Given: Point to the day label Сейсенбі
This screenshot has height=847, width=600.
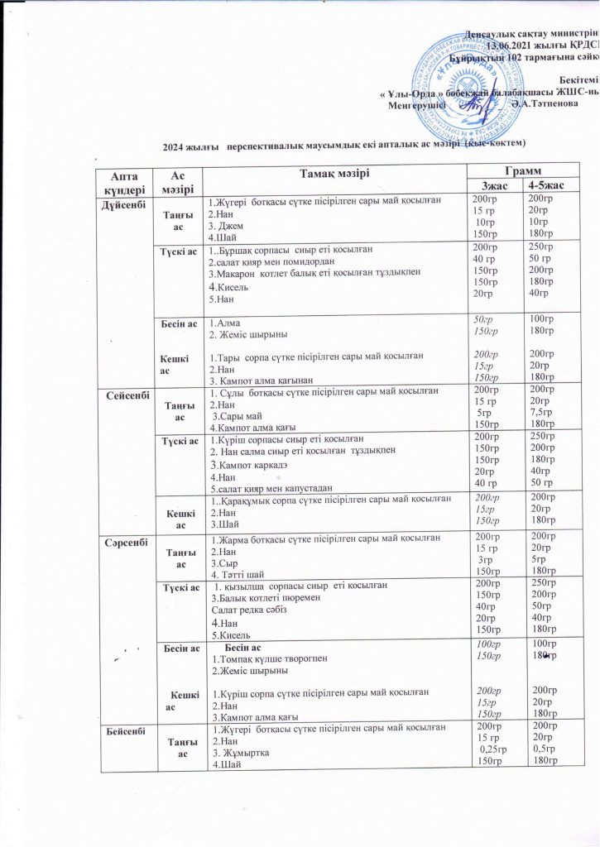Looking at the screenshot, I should click(x=125, y=395).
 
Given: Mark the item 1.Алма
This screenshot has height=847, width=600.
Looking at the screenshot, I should click(x=224, y=325).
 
